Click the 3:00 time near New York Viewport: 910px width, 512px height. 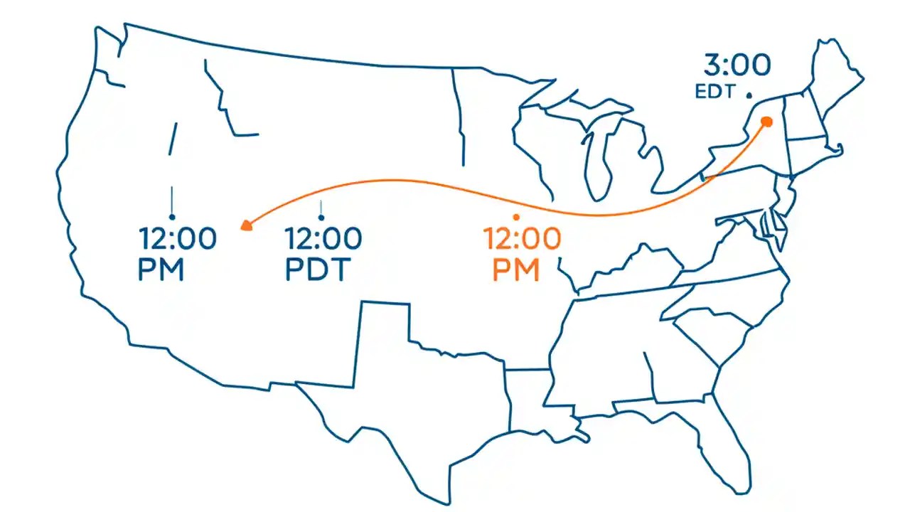737,65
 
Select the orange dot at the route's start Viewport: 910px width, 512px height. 766,122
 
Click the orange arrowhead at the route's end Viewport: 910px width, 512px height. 245,225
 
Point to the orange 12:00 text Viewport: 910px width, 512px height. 522,239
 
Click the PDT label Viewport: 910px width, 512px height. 319,271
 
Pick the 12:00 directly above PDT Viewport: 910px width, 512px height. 323,239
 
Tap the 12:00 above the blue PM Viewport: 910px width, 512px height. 178,239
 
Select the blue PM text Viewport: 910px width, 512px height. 161,271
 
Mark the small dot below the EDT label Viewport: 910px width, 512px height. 749,95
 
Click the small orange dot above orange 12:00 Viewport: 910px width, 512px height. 516,217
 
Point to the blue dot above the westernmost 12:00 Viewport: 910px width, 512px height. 172,216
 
